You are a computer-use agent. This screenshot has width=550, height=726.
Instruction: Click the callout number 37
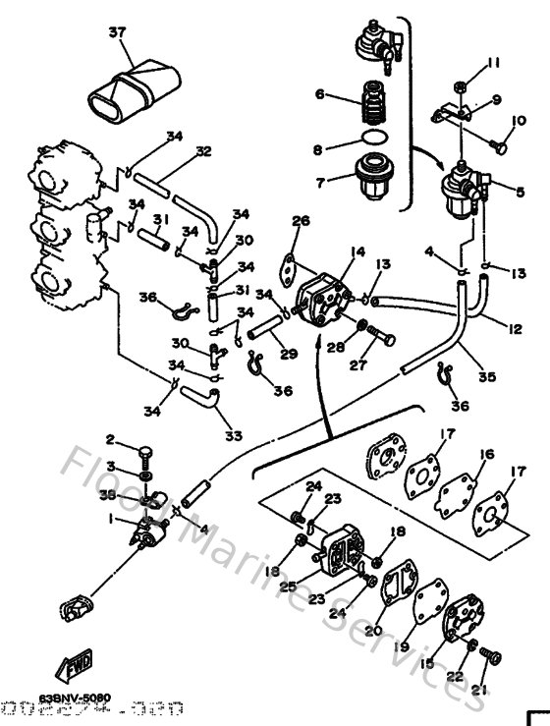(118, 32)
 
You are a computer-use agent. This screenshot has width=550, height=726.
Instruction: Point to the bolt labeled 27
(383, 341)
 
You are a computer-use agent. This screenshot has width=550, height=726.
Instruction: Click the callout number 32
(203, 151)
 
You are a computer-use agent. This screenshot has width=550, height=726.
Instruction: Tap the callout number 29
(287, 353)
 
